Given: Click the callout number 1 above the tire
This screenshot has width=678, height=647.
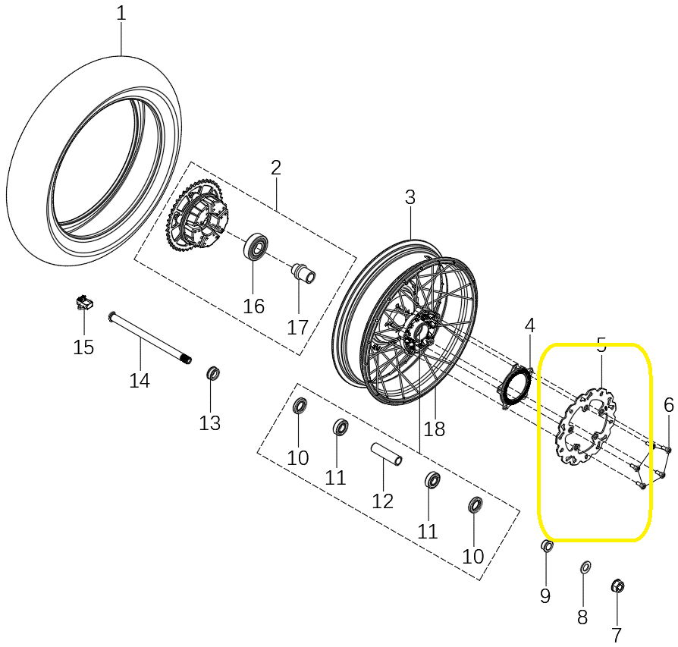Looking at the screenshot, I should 121,14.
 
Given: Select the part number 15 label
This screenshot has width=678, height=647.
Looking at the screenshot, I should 83,347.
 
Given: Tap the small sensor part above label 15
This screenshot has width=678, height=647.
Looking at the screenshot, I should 83,303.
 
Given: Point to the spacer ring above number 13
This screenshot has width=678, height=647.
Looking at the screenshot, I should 214,373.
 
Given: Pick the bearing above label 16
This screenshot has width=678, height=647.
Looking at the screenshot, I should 256,247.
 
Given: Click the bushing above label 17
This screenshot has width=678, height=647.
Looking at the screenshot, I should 303,272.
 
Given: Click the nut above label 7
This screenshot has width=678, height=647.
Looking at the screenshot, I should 617,586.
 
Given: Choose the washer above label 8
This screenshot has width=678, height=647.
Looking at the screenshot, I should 584,567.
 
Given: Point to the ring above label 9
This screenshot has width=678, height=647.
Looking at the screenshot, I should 547,547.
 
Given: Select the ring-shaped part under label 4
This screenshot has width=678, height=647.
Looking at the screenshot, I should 517,386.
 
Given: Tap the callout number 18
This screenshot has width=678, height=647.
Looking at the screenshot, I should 434,429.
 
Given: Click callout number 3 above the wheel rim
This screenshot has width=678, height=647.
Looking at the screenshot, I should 410,198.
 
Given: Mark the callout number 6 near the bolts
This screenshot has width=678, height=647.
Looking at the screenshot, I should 668,405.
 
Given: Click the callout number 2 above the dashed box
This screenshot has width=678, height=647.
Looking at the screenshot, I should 275,168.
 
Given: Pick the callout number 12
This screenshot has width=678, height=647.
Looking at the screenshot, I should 383,501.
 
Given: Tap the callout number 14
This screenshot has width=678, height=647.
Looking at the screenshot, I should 140,380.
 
